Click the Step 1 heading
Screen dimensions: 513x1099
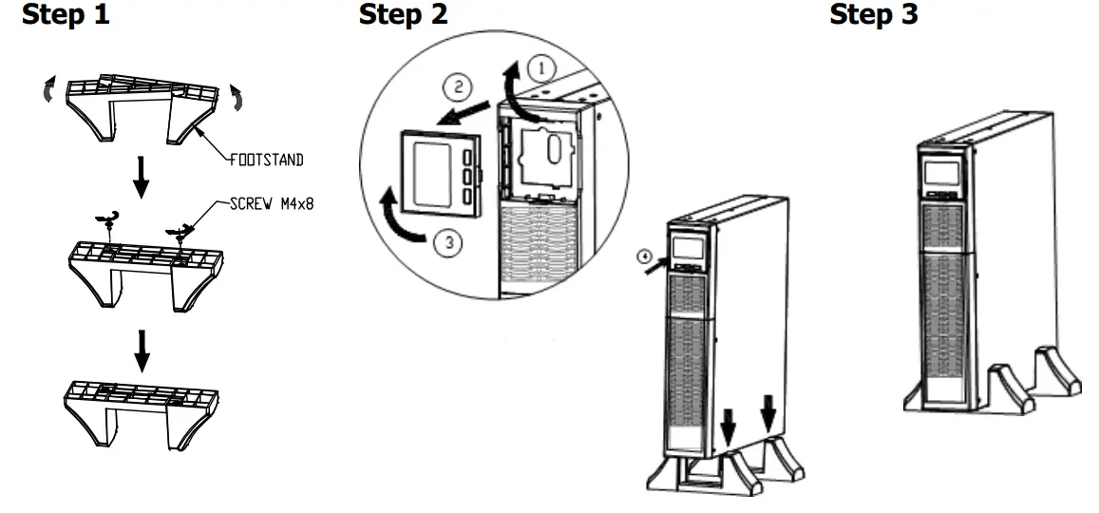(x=66, y=15)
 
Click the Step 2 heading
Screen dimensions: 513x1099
(x=404, y=15)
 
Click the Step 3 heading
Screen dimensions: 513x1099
(x=874, y=15)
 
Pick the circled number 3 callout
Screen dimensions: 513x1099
(x=446, y=242)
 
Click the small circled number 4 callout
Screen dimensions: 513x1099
(x=644, y=255)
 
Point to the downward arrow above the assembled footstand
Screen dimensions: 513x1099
(x=141, y=350)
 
